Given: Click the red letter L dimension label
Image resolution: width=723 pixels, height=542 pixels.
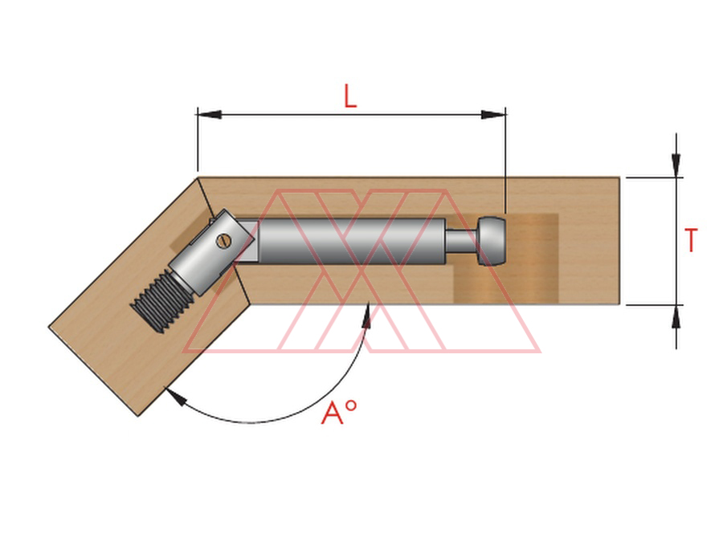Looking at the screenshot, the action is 350,96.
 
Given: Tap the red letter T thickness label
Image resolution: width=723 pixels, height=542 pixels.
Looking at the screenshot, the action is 691,240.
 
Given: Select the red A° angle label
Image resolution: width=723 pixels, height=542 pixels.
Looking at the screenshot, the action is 339,412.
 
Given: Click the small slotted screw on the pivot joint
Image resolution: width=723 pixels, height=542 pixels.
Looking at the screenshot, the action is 224,241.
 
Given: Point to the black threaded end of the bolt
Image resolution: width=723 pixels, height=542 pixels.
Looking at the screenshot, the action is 161,303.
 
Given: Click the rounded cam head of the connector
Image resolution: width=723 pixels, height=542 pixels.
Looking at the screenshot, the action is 492,242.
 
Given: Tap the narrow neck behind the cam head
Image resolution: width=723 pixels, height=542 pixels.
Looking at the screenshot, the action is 461,242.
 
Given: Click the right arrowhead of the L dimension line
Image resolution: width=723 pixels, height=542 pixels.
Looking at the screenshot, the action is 493,114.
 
